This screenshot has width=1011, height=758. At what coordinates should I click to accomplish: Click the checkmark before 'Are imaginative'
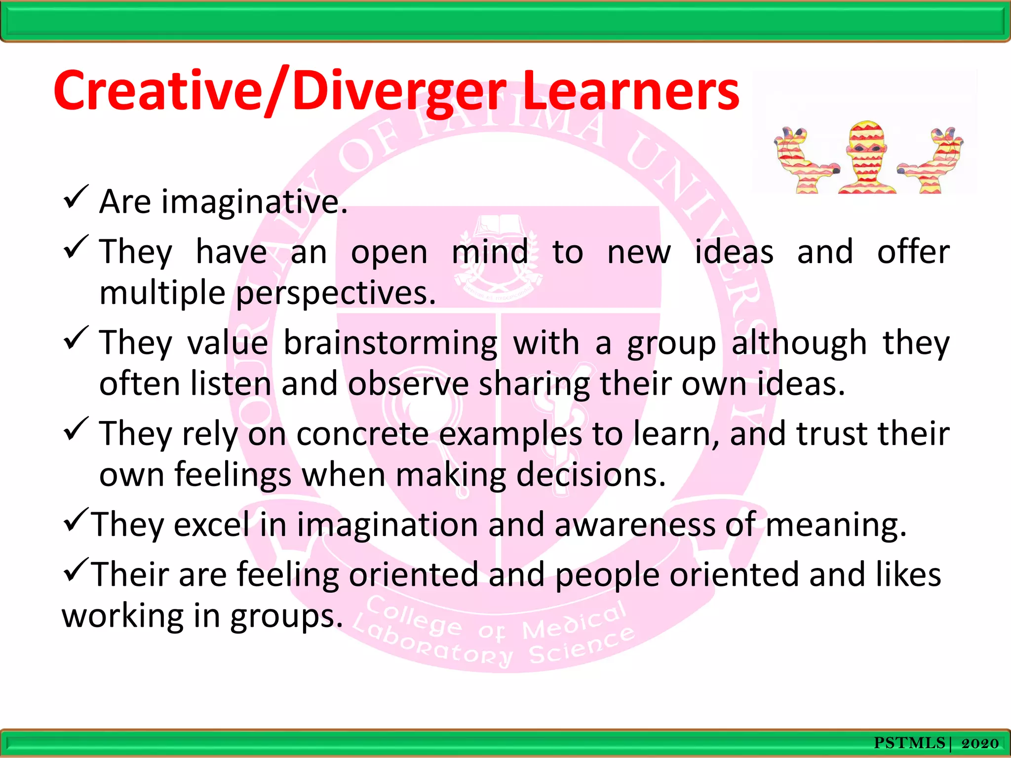76,197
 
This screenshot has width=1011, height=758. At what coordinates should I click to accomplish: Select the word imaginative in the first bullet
254,202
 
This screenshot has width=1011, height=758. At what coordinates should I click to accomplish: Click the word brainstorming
390,343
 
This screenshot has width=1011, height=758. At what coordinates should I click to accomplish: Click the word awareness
635,525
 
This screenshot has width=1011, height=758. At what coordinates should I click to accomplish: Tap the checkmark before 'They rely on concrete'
76,429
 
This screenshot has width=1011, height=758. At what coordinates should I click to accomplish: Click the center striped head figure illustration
866,157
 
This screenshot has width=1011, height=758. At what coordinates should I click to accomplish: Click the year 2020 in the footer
980,743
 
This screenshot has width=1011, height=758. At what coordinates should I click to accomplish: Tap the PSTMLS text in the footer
909,743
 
